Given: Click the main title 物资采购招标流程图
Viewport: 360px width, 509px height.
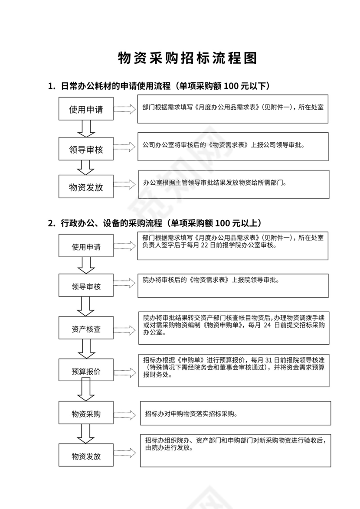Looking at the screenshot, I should pyautogui.click(x=187, y=59).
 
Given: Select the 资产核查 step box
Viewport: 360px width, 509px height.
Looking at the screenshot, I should pyautogui.click(x=86, y=329).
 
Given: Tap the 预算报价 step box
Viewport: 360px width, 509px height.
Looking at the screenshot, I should pyautogui.click(x=86, y=372).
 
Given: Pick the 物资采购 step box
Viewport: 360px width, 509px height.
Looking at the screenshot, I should pyautogui.click(x=86, y=414).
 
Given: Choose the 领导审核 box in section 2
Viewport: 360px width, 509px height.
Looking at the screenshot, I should pyautogui.click(x=86, y=287).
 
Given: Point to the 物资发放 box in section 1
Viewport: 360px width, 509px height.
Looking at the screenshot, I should pyautogui.click(x=86, y=187).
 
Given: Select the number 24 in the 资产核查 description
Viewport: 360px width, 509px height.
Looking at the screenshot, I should pyautogui.click(x=268, y=325).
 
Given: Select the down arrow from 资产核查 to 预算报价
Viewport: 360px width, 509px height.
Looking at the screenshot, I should pyautogui.click(x=86, y=348).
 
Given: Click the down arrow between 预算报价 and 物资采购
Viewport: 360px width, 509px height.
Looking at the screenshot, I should pyautogui.click(x=86, y=390).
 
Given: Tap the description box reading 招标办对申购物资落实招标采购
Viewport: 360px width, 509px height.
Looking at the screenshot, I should pyautogui.click(x=235, y=413).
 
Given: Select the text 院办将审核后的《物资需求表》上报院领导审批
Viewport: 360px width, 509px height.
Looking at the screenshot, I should pyautogui.click(x=211, y=280).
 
